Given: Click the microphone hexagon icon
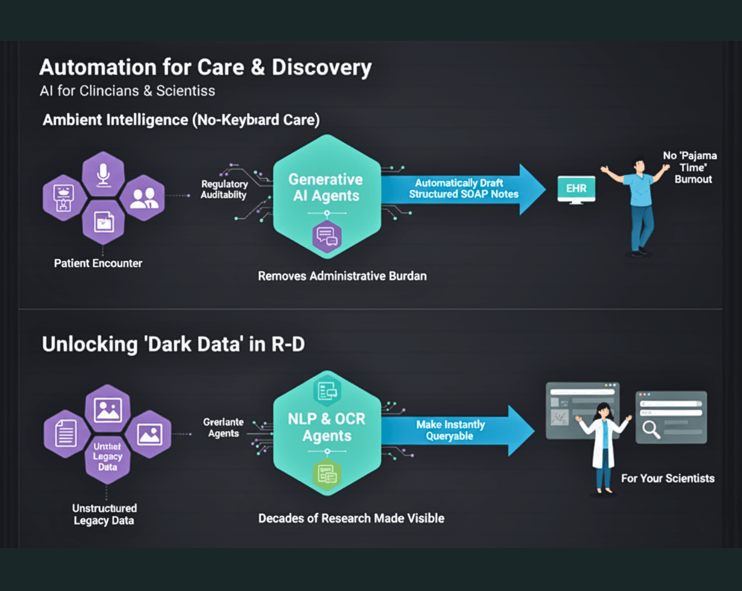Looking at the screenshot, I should click(103, 174).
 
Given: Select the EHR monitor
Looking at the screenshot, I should click(576, 189).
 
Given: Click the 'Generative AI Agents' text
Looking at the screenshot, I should click(326, 188).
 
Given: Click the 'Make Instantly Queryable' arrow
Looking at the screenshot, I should click(454, 430).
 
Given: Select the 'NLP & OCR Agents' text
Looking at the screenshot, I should click(327, 427).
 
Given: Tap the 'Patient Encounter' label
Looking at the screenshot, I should click(98, 263).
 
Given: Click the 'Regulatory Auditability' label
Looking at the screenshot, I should click(224, 190).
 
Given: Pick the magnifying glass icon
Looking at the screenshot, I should click(651, 429).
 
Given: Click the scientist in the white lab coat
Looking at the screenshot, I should click(603, 444).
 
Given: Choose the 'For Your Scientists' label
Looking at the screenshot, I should click(667, 479).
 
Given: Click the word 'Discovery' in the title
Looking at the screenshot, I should click(322, 68).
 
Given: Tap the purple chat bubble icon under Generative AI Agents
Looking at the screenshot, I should click(327, 236).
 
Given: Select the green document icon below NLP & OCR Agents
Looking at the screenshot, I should click(327, 475).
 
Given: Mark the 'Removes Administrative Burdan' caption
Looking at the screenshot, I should click(342, 276).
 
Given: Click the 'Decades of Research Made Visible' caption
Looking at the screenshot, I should click(351, 518).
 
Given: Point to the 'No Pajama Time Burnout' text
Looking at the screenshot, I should click(691, 167).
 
